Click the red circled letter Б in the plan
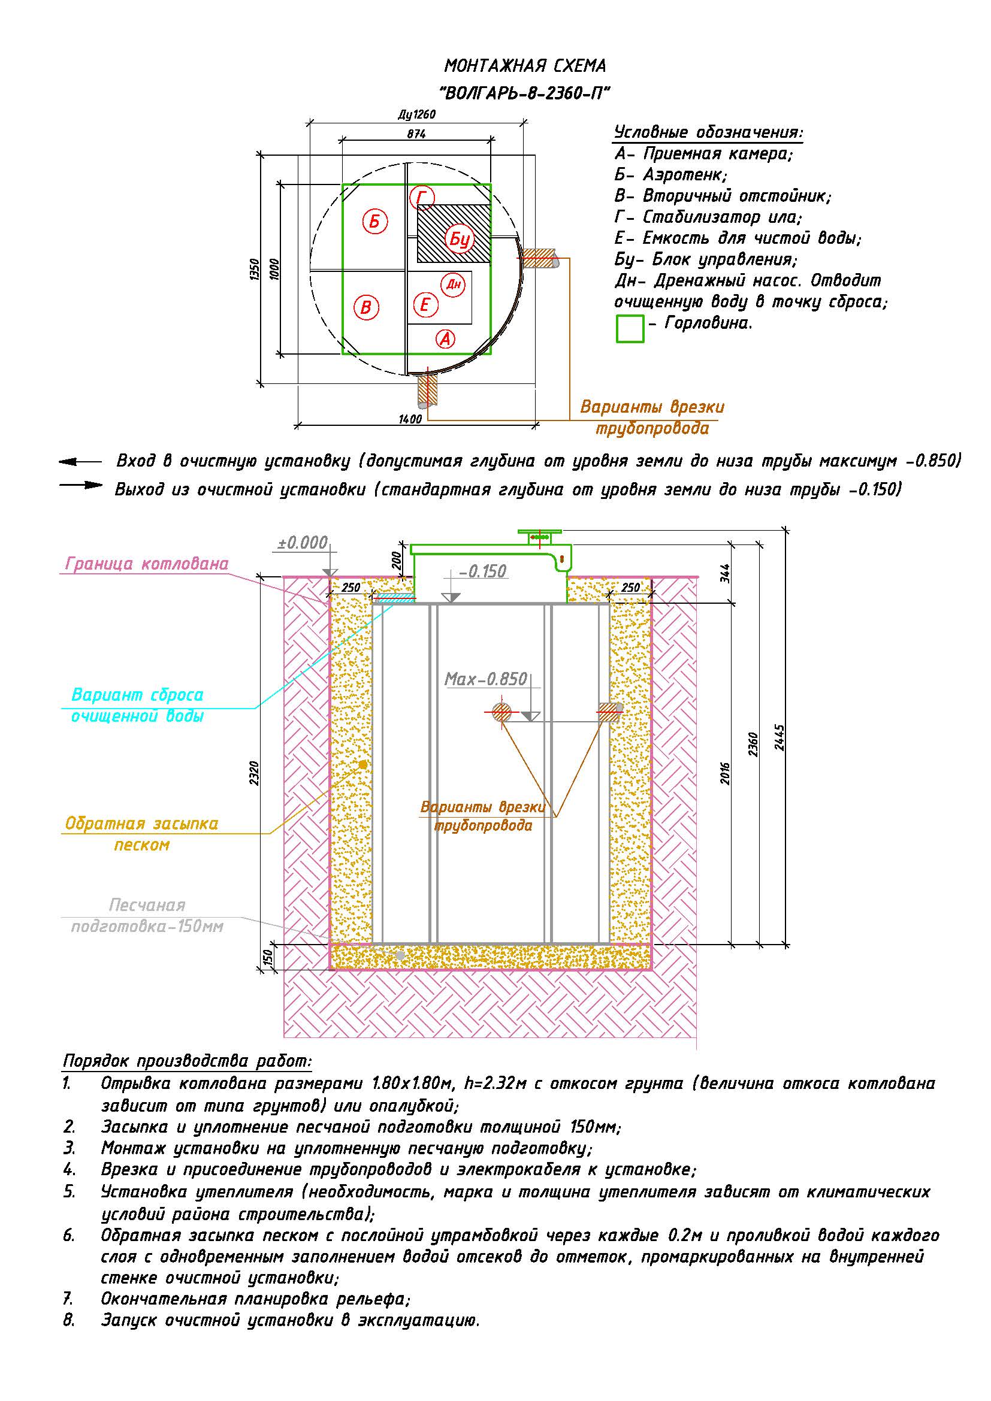pos(374,221)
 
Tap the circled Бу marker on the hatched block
pos(459,239)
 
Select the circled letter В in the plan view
pos(366,307)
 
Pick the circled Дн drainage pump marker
pos(453,285)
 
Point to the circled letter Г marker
pos(422,198)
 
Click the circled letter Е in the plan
pos(425,304)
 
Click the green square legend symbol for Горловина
pos(630,328)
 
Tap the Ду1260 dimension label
pos(417,114)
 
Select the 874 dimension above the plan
pos(416,134)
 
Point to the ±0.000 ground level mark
pos(303,543)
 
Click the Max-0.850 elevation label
pos(486,679)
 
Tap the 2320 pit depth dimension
pos(255,773)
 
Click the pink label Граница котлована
pos(147,563)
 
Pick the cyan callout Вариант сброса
pos(137,694)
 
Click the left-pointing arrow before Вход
pos(80,462)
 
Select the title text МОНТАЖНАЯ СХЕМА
pos(525,65)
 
